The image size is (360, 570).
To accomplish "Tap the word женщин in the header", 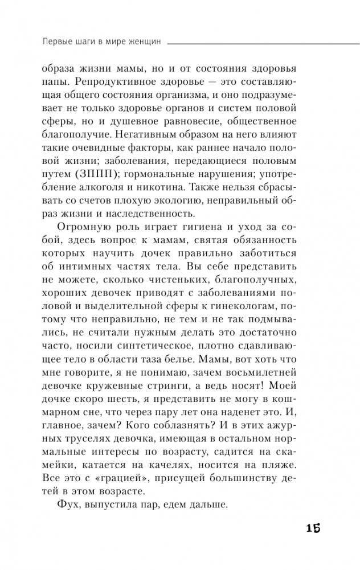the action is pos(146,41).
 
